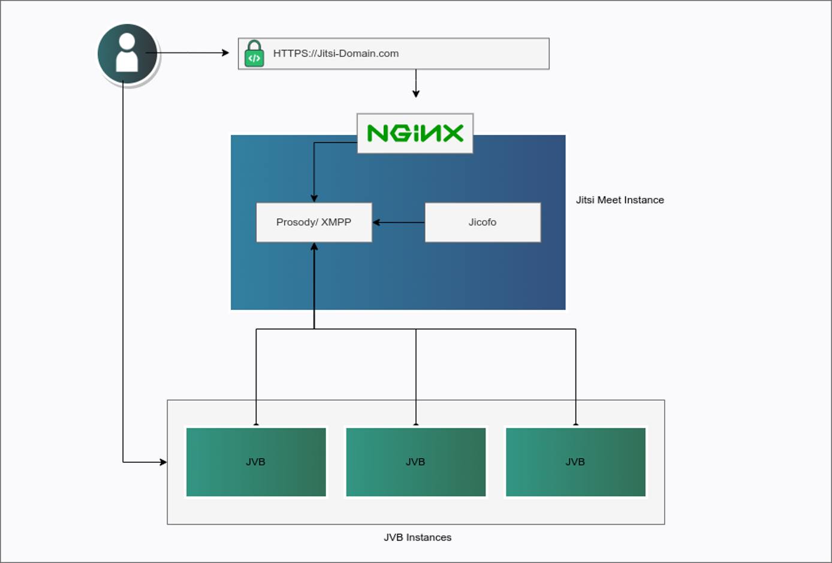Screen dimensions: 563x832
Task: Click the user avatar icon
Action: [x=127, y=54]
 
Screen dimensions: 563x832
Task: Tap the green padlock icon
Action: [x=254, y=54]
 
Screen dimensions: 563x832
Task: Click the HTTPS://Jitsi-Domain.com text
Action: [x=336, y=53]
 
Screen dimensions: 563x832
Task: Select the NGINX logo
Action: [x=415, y=133]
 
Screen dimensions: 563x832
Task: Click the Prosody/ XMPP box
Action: [x=313, y=222]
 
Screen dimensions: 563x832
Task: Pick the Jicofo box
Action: [x=483, y=222]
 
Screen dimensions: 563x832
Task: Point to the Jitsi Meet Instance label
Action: [x=620, y=200]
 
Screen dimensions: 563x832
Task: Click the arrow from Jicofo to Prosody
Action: [x=399, y=222]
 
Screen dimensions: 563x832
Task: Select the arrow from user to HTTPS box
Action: [x=192, y=53]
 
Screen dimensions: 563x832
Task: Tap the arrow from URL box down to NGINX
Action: [x=416, y=84]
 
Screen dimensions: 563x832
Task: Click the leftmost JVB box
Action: [x=256, y=462]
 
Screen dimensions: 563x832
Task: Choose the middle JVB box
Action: [x=415, y=462]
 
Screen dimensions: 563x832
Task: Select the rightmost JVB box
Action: [x=575, y=462]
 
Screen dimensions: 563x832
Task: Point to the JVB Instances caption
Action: [x=417, y=538]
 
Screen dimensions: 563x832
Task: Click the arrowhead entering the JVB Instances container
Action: [x=163, y=462]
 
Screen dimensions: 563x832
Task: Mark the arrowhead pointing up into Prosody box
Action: [x=314, y=246]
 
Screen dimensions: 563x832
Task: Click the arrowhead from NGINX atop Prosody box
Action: [x=314, y=198]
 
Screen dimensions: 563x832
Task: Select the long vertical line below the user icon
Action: [x=123, y=270]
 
